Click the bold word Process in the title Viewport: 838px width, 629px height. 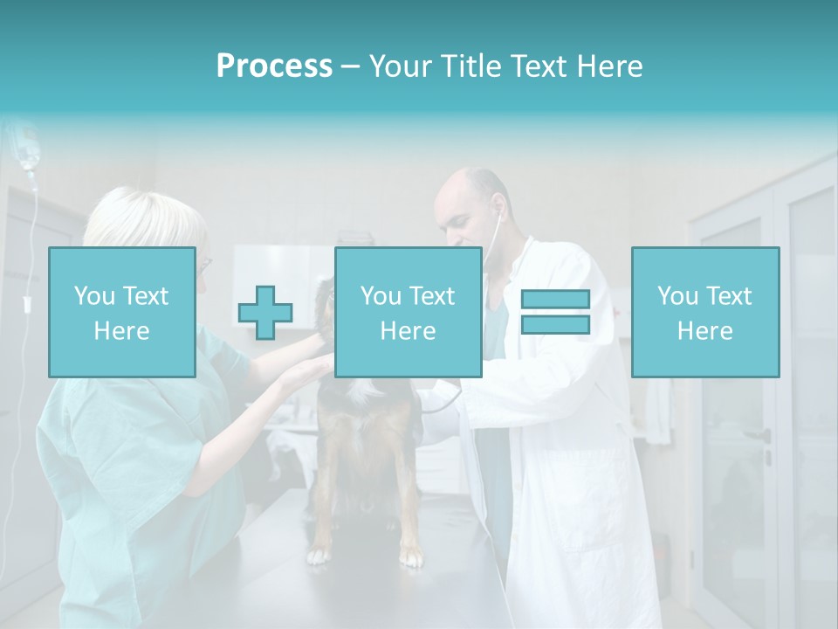coord(274,66)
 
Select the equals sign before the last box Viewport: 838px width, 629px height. coord(555,312)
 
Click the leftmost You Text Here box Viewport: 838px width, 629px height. coord(122,313)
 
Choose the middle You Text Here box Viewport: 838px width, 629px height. coord(408,313)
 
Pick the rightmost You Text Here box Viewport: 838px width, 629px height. coord(704,313)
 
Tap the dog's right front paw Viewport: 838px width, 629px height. coord(320,554)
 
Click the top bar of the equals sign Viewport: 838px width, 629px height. coord(555,300)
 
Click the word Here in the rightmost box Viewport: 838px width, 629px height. coord(704,331)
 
